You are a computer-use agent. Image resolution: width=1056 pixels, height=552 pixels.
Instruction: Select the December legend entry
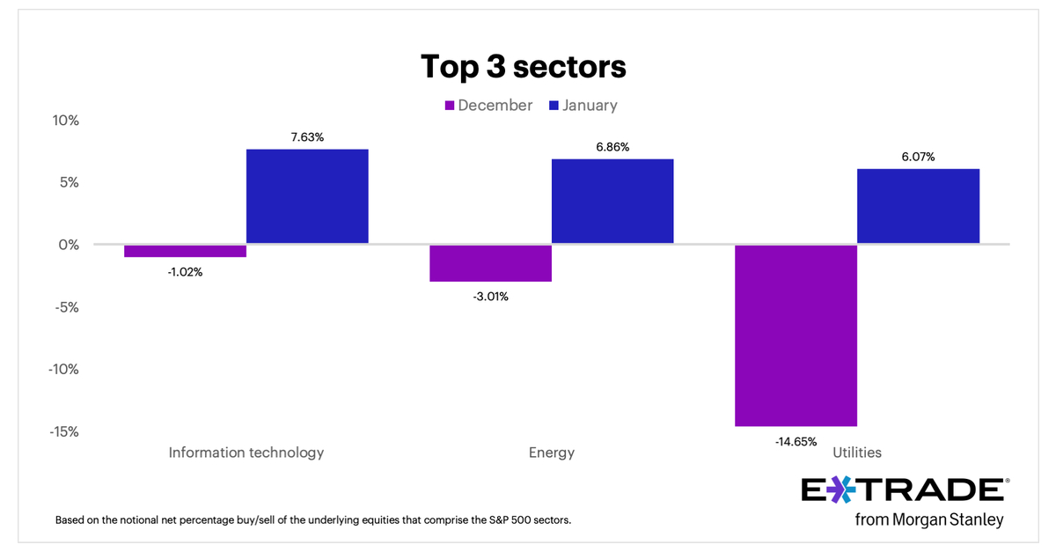tap(488, 106)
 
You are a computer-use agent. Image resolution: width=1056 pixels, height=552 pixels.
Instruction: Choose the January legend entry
tap(583, 106)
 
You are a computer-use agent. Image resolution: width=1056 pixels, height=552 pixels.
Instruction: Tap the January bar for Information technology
tap(307, 196)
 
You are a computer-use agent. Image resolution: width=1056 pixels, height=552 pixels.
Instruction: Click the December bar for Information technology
tap(185, 251)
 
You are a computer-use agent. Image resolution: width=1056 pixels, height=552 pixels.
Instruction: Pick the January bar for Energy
tap(612, 201)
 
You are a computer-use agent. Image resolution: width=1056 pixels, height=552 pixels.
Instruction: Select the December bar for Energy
tap(490, 263)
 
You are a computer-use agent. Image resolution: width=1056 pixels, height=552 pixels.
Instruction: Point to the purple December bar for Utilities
tap(796, 335)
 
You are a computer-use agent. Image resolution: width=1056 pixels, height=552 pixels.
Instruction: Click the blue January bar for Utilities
tap(918, 206)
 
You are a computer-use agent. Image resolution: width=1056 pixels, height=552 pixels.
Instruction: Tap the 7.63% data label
tap(307, 136)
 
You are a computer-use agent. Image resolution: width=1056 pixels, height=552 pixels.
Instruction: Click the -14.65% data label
tap(796, 441)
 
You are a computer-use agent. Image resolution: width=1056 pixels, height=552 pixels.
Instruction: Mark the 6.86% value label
tap(612, 147)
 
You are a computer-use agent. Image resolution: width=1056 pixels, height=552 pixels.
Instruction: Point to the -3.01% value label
tap(490, 296)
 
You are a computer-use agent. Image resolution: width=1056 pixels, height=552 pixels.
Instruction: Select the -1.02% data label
tap(185, 271)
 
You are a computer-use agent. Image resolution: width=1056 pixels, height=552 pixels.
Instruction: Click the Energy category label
tap(552, 453)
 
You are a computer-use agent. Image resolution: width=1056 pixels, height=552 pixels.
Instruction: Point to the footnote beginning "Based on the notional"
tap(313, 519)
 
